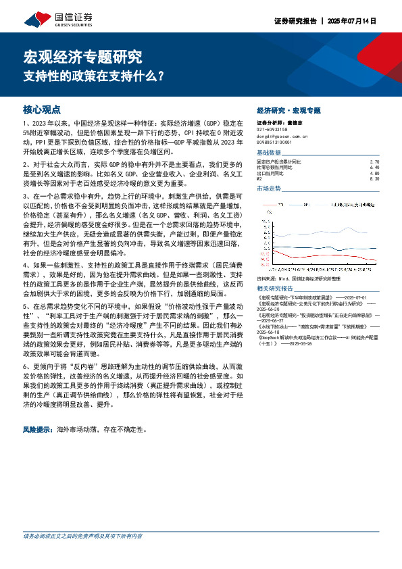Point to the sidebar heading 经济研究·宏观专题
(289, 110)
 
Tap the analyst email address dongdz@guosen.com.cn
(282, 136)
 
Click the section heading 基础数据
(268, 153)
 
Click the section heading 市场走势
(268, 189)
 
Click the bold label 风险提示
(39, 429)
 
